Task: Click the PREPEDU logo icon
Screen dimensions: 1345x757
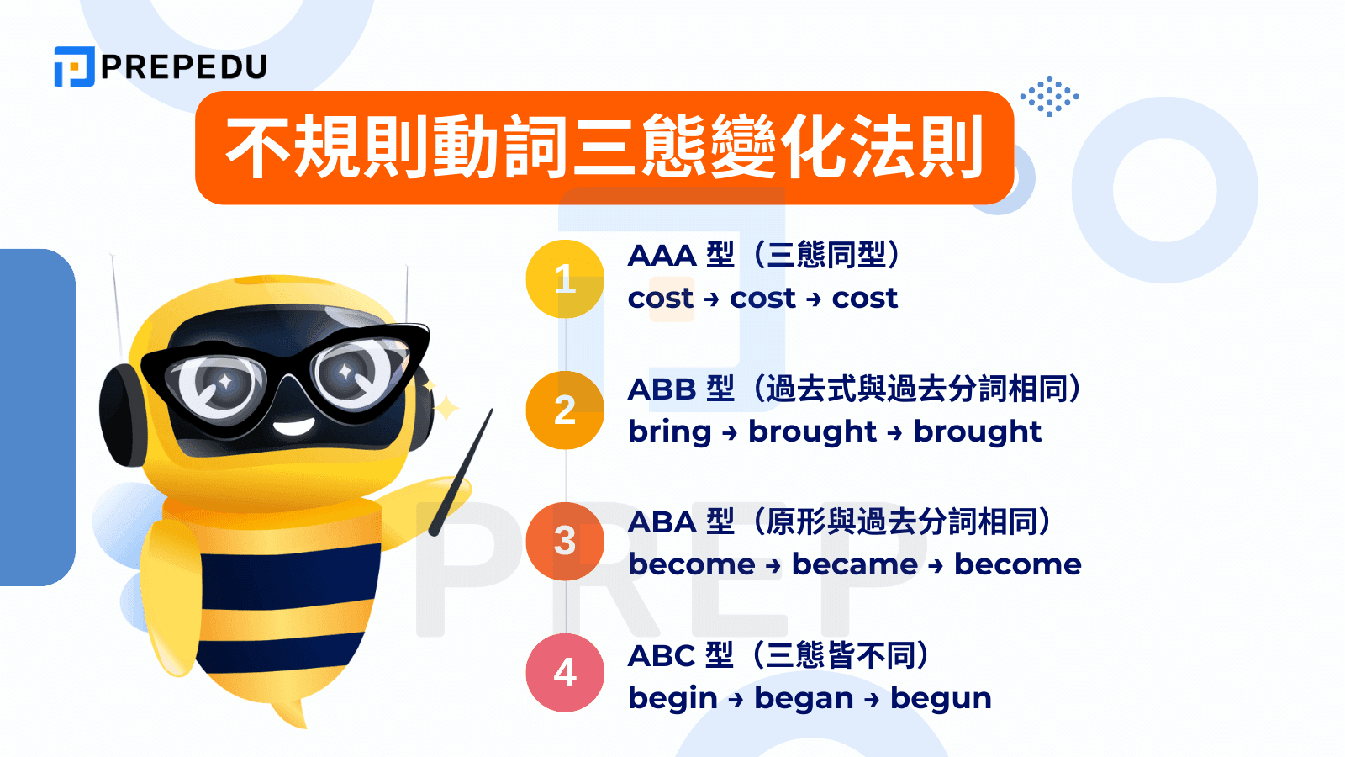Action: pyautogui.click(x=75, y=66)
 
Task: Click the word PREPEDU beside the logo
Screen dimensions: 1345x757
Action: pyautogui.click(x=184, y=66)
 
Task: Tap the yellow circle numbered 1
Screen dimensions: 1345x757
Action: pyautogui.click(x=565, y=278)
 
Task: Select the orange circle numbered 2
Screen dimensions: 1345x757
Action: pyautogui.click(x=565, y=410)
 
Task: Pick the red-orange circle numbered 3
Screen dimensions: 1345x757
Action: pyautogui.click(x=565, y=542)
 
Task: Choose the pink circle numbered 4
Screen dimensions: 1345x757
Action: pyautogui.click(x=565, y=673)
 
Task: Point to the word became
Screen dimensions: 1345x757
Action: pyautogui.click(x=855, y=564)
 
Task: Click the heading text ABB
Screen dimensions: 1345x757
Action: pyautogui.click(x=662, y=389)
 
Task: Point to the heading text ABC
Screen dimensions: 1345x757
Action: pyautogui.click(x=662, y=655)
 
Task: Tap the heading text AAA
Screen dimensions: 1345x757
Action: pyautogui.click(x=662, y=256)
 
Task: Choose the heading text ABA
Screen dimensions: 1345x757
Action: pyautogui.click(x=662, y=522)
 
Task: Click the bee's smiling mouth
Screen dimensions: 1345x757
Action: pyautogui.click(x=293, y=427)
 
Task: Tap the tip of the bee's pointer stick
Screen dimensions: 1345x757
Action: pyautogui.click(x=491, y=411)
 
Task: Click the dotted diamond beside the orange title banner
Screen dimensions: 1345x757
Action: pyautogui.click(x=1050, y=96)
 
